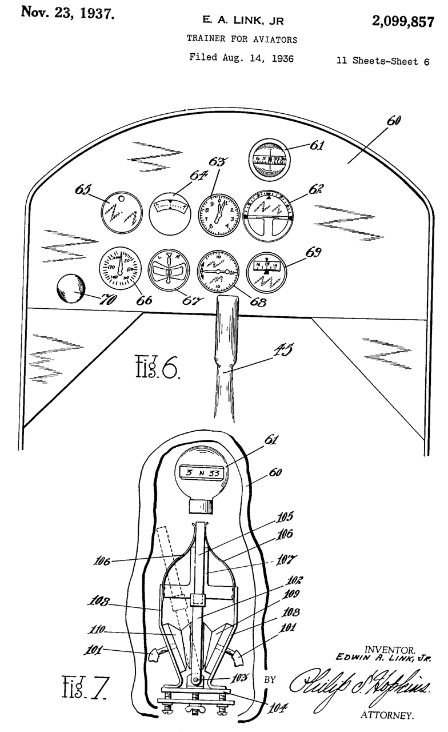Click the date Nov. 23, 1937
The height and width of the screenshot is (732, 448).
tap(67, 13)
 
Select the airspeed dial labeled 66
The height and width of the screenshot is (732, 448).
tap(119, 266)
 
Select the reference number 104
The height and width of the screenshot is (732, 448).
tap(278, 708)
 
